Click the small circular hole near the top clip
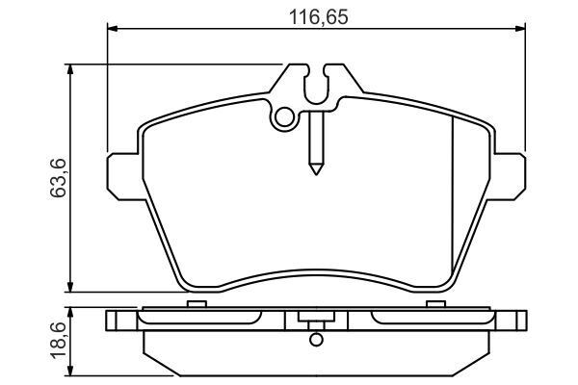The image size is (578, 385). (283, 118)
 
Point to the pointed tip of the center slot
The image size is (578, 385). (316, 170)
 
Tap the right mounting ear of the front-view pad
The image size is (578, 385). (511, 176)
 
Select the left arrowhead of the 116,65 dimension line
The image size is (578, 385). (112, 31)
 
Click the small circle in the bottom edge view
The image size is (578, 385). (314, 338)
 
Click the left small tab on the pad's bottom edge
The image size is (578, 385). (197, 304)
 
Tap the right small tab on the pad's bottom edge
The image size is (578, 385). (432, 304)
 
